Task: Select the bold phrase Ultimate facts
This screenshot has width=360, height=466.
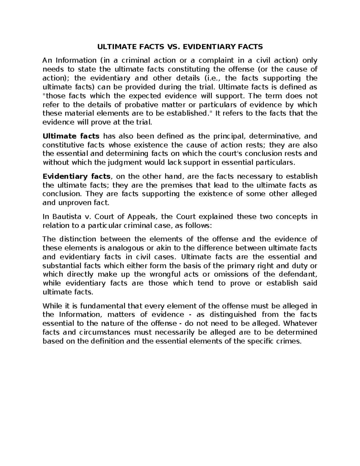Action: point(71,136)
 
